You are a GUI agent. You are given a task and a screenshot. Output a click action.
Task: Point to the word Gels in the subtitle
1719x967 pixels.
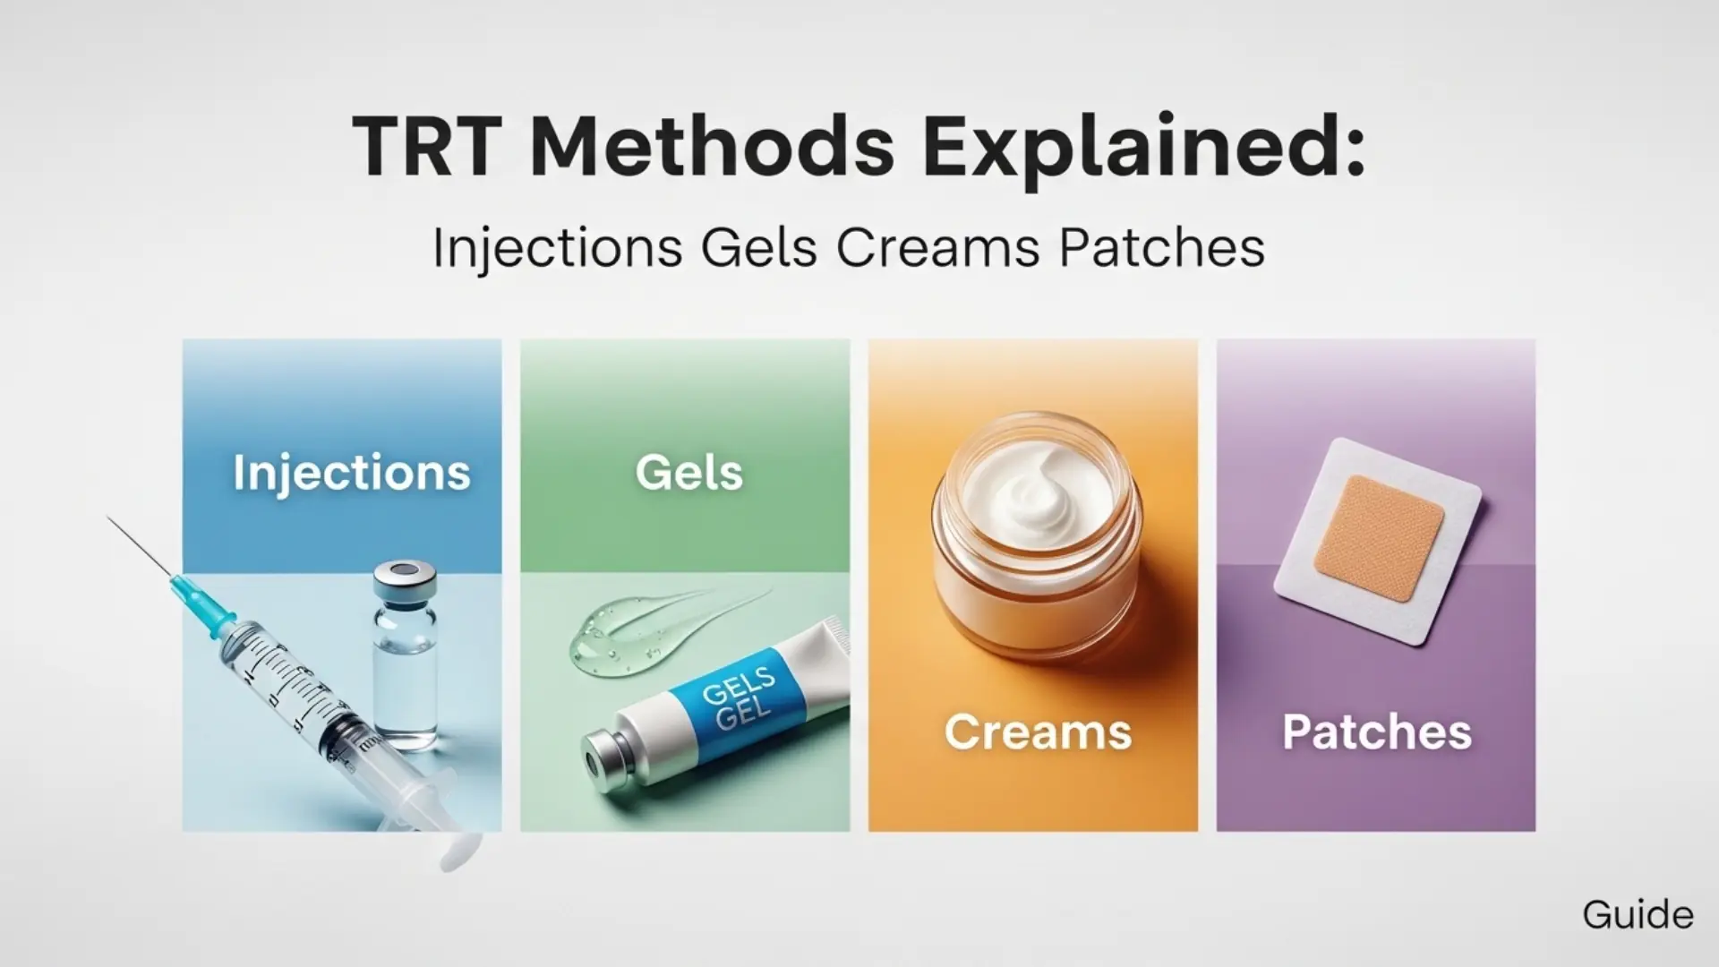pos(758,248)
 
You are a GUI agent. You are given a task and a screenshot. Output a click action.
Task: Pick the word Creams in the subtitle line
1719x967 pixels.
pos(937,248)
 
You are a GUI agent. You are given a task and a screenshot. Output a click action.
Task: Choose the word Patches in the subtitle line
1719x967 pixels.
pos(1161,248)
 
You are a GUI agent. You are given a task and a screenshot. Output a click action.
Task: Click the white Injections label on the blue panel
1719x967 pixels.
pos(351,472)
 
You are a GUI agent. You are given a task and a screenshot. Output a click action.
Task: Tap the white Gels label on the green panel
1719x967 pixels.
pos(688,472)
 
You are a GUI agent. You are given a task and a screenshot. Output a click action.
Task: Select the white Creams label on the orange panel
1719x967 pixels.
pos(1038,732)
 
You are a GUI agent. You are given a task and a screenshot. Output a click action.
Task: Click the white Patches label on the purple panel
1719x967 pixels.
pos(1376,732)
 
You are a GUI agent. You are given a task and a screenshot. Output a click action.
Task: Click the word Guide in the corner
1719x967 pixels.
pos(1638,915)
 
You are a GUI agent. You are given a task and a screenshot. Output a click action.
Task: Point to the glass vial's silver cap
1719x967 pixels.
pos(406,581)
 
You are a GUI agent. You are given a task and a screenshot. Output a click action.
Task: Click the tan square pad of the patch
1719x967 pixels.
pos(1379,537)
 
